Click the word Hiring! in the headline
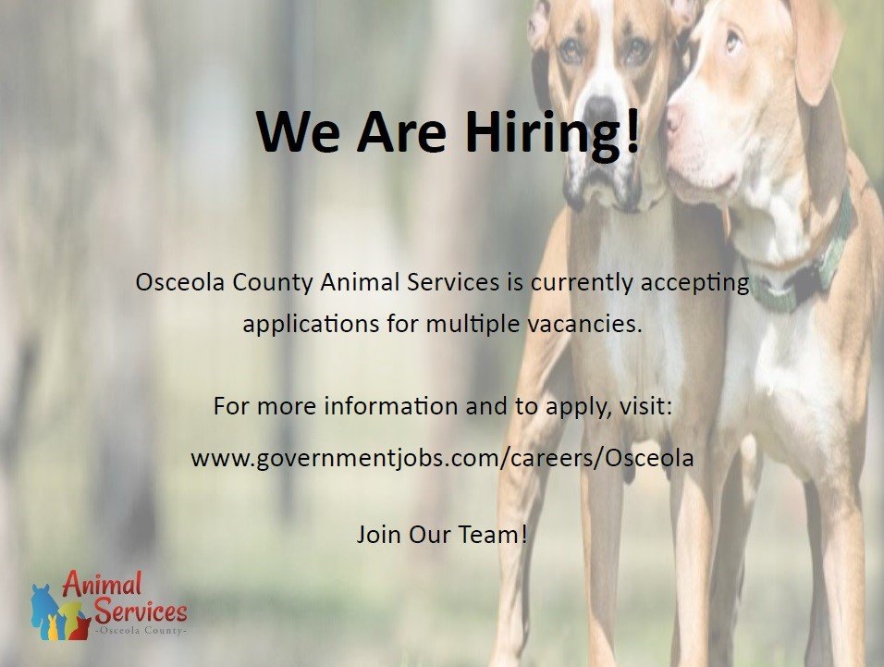[553, 133]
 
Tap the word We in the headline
[298, 132]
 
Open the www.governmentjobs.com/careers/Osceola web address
[442, 458]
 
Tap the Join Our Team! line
[442, 535]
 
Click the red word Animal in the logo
[102, 584]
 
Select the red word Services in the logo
[141, 610]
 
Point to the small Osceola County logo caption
[140, 630]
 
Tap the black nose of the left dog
[600, 107]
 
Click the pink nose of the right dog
[674, 117]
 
